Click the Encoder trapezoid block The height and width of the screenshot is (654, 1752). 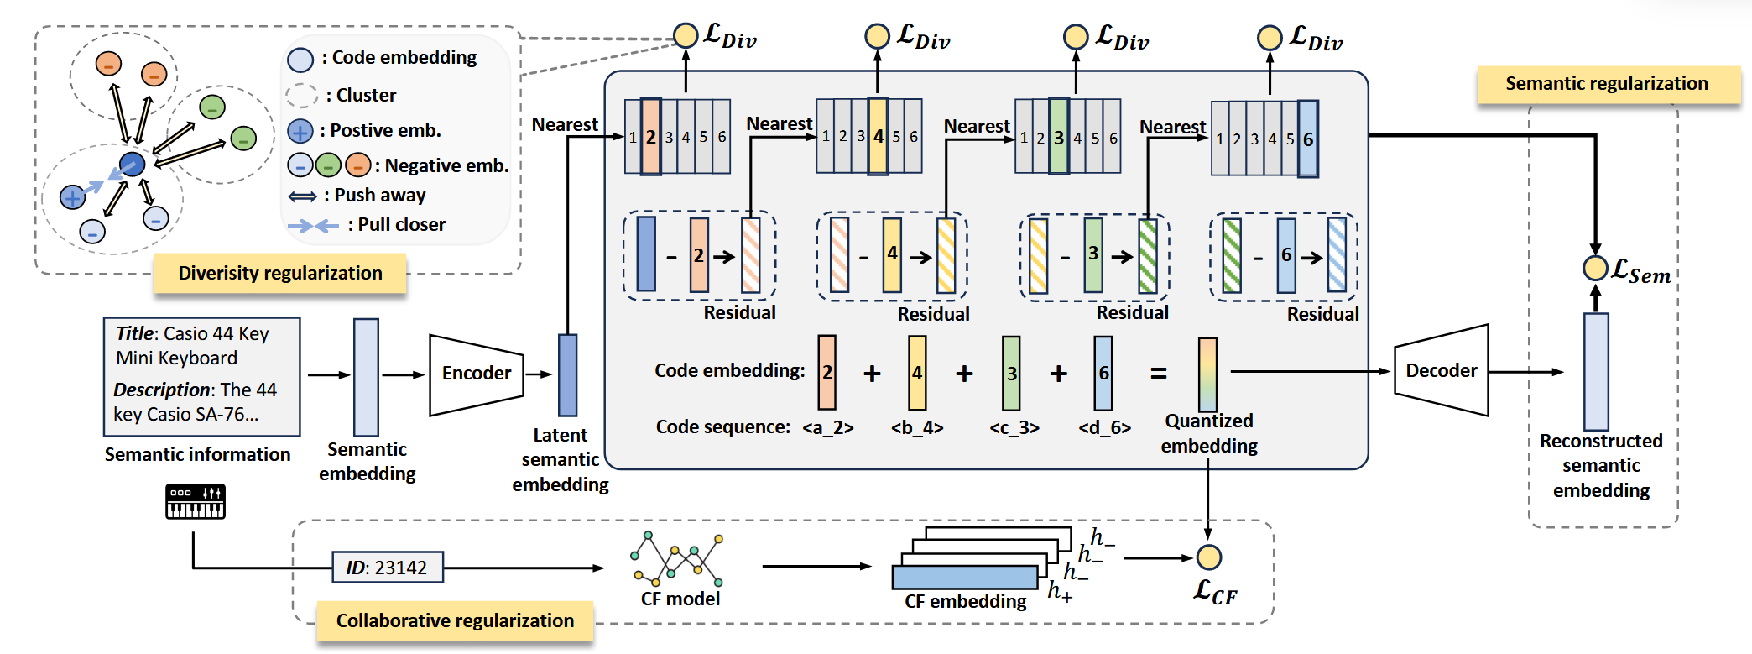(476, 374)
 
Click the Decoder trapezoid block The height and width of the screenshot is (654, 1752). (1441, 371)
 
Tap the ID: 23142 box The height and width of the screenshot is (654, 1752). (388, 568)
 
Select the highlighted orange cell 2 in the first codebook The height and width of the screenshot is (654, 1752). (651, 137)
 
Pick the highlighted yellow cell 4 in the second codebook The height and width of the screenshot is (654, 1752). (878, 136)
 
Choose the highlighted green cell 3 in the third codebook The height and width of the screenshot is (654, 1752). (1059, 137)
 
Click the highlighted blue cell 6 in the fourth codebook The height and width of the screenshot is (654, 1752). (1307, 139)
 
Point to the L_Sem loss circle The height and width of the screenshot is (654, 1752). (1595, 269)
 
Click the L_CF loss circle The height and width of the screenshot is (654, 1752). (1208, 557)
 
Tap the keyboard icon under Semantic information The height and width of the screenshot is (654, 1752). (196, 502)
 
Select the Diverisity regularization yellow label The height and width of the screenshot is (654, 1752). (280, 274)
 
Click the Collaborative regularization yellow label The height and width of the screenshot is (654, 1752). (455, 621)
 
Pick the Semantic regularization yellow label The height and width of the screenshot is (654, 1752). (1606, 84)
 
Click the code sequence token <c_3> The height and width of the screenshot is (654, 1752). (1014, 428)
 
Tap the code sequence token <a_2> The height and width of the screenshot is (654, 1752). (827, 428)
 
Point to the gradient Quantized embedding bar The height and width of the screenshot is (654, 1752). (1207, 374)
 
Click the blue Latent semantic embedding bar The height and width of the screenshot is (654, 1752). (568, 375)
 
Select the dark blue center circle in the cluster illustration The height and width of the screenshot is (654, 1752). (132, 164)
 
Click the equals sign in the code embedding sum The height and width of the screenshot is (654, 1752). (1159, 374)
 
